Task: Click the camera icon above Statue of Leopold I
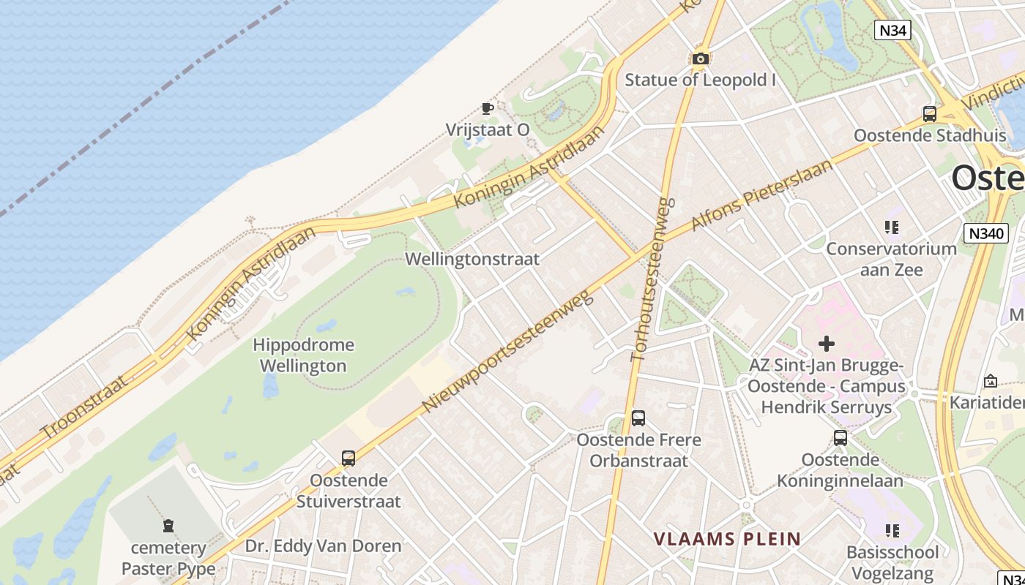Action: tap(701, 59)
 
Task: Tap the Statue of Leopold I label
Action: tap(700, 80)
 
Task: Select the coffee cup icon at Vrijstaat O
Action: tap(487, 109)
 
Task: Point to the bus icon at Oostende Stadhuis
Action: tap(930, 114)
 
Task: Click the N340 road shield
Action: tap(986, 233)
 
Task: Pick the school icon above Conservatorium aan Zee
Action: tap(892, 227)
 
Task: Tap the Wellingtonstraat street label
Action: tap(472, 259)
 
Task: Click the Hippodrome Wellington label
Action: tap(303, 355)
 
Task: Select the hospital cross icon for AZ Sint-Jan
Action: tap(827, 343)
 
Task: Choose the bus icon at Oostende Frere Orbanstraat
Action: tap(638, 418)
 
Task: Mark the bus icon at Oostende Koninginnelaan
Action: tap(840, 438)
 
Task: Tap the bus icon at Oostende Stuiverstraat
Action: tap(348, 458)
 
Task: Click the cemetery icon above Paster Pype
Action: tap(169, 526)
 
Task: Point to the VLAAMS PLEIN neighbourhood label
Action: tap(727, 540)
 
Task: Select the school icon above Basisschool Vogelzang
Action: tap(892, 531)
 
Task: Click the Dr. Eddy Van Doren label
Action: tap(323, 546)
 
